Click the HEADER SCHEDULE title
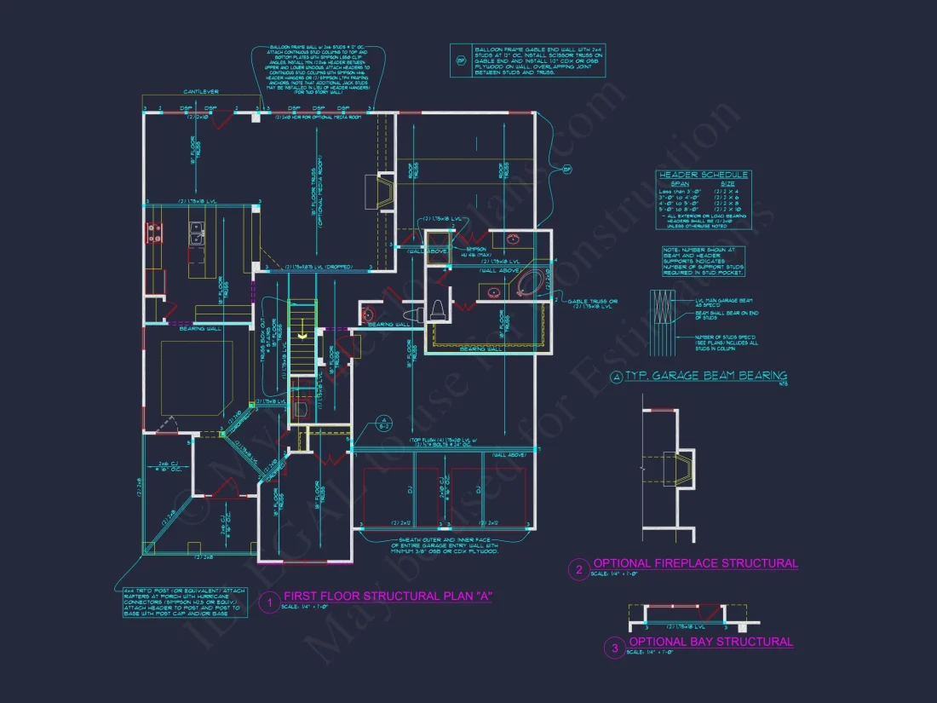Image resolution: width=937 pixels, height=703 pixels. [x=704, y=175]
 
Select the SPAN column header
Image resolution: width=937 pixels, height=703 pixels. [x=681, y=183]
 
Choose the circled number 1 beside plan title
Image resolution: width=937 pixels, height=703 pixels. [x=269, y=602]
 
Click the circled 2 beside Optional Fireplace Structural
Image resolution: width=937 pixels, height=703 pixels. [x=579, y=569]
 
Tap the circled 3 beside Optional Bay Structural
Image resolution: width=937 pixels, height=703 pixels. [x=615, y=648]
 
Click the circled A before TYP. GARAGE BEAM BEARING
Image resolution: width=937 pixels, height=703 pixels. [x=617, y=377]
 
